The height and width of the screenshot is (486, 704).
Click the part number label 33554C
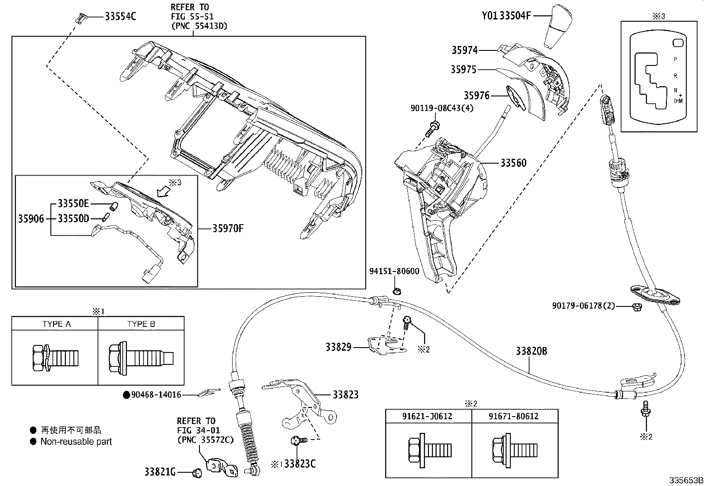120,17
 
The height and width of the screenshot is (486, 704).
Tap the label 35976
476,96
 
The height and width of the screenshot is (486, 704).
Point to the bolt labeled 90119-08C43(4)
432,129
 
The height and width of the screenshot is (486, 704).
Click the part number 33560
513,163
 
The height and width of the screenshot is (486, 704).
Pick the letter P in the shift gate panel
675,59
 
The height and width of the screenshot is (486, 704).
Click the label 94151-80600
394,271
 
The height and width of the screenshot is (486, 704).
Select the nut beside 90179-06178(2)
635,306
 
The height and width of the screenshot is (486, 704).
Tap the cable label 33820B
531,351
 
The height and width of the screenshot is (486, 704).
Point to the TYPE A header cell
56,324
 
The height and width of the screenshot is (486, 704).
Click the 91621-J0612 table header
427,417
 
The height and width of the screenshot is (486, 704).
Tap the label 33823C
300,464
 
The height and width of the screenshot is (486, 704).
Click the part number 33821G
160,473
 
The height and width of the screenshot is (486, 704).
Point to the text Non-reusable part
76,441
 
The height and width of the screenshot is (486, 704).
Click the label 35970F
228,229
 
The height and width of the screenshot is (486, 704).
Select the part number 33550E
73,203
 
